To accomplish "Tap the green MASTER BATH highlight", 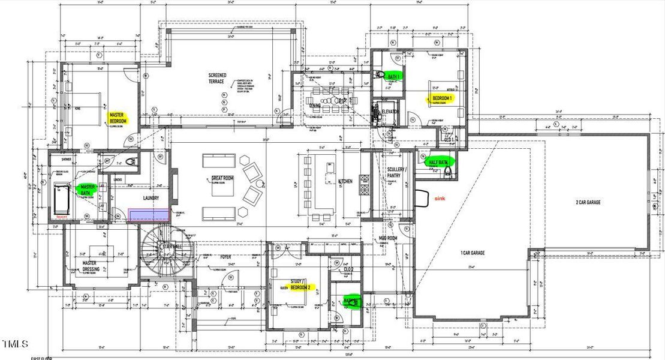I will click(x=88, y=190).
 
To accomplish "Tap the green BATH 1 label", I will click(x=393, y=77).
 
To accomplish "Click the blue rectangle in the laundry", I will click(x=151, y=215).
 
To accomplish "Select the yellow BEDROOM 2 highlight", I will click(x=300, y=287).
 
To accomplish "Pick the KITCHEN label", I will click(x=345, y=181).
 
